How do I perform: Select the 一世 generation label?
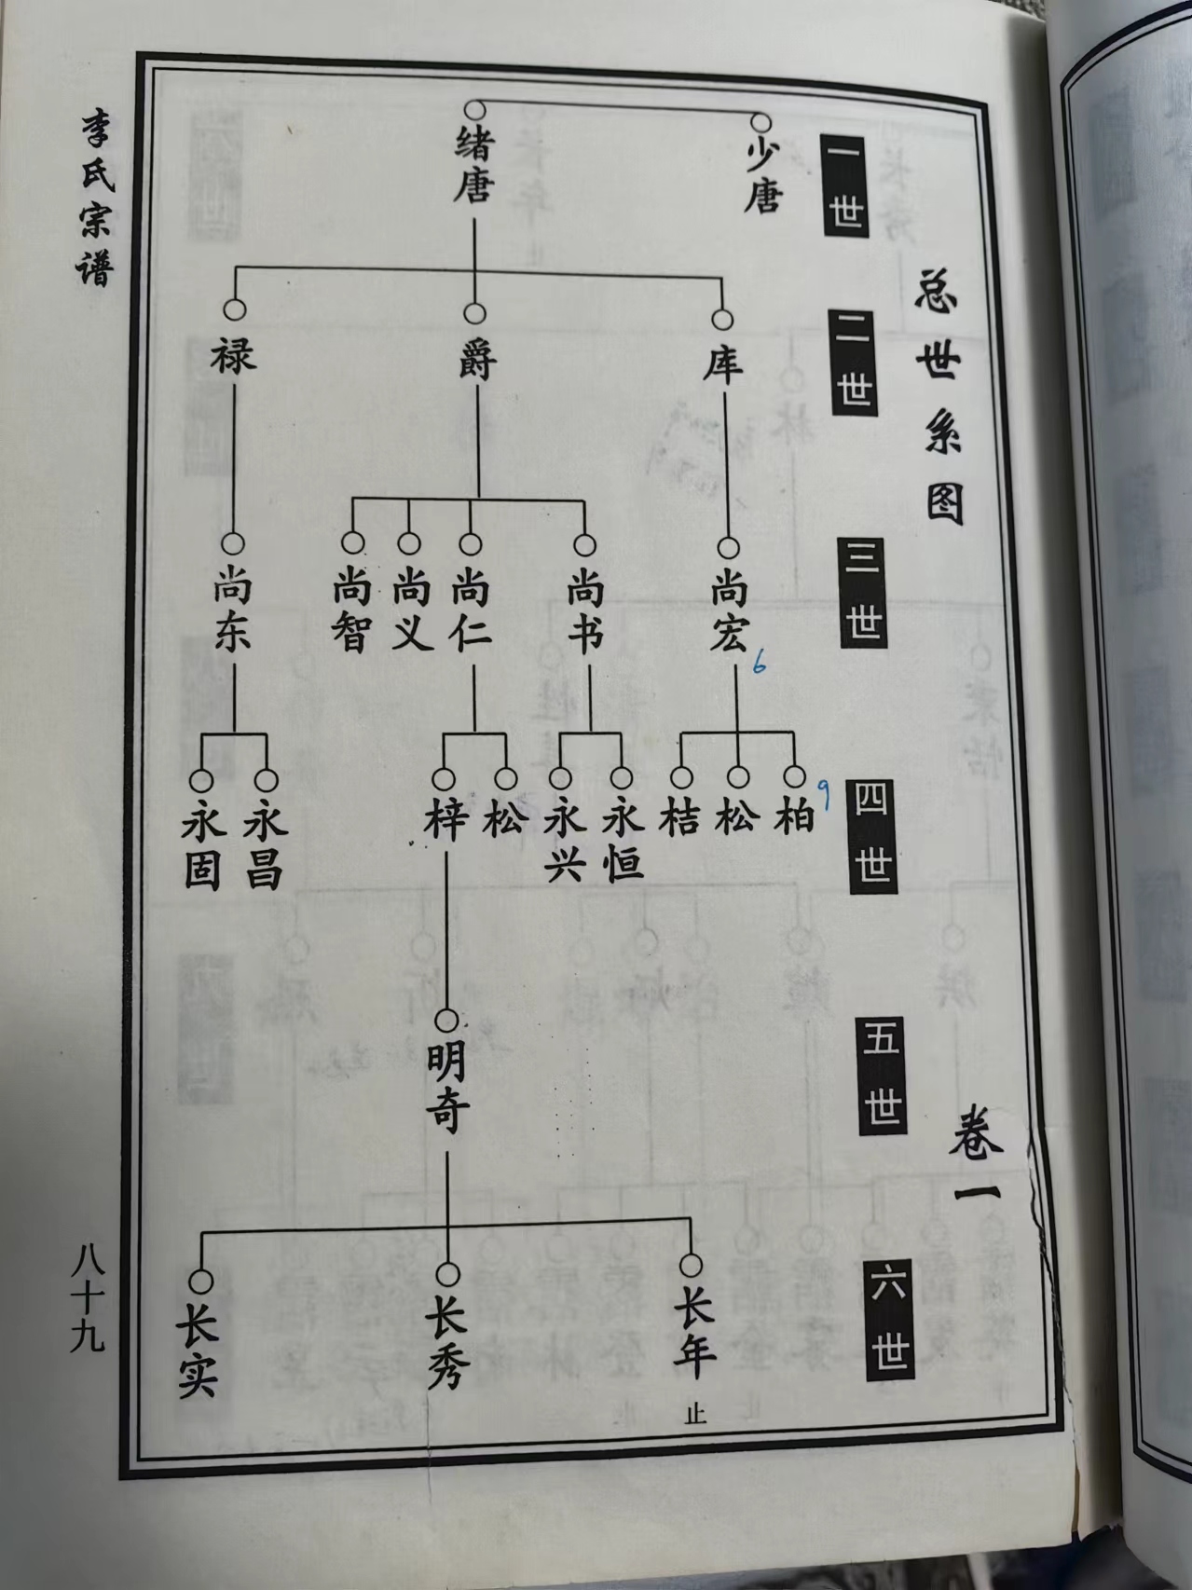pos(845,185)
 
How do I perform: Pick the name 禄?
pos(233,355)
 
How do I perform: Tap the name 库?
pos(722,364)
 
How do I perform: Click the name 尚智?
pos(352,611)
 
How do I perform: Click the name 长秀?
pos(447,1348)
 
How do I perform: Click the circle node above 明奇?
pos(448,1021)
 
